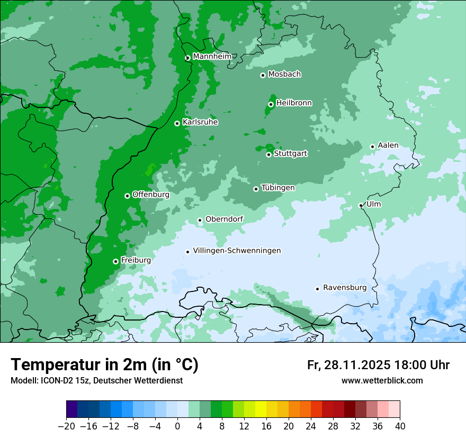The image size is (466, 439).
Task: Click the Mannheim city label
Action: [212, 57]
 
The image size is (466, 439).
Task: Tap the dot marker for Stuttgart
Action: [269, 154]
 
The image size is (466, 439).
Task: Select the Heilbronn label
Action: [294, 103]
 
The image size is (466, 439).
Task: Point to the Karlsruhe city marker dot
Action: [177, 123]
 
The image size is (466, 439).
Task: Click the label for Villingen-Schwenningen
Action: [237, 251]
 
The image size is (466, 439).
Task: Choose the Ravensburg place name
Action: [344, 288]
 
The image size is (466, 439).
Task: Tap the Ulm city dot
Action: [361, 205]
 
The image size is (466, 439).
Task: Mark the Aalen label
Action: [388, 145]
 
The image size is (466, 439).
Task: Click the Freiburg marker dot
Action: [115, 261]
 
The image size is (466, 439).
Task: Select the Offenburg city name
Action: [150, 195]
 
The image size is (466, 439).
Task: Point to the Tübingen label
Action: [278, 188]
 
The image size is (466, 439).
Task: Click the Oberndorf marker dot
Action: [200, 220]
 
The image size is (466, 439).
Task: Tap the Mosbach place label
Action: [284, 75]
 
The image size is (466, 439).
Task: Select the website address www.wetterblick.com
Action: [382, 381]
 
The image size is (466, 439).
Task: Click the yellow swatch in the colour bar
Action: [261, 409]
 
